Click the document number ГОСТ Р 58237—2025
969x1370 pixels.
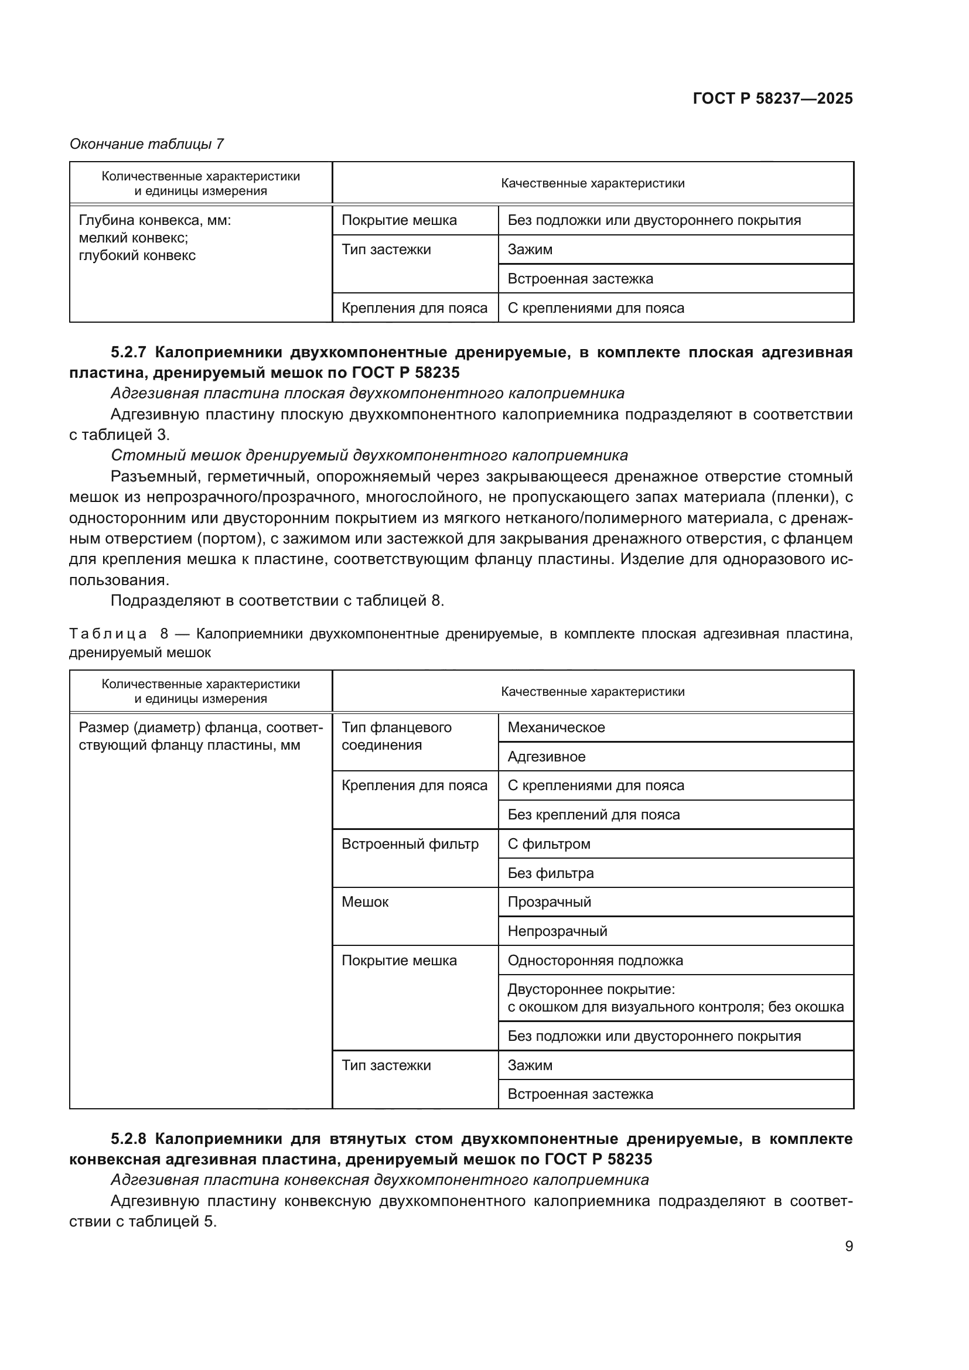click(773, 98)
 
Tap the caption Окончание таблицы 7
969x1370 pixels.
click(147, 144)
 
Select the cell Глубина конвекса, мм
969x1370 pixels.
click(155, 221)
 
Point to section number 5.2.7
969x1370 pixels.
click(128, 352)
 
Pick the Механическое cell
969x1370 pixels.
click(556, 727)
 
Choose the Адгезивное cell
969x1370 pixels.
click(547, 757)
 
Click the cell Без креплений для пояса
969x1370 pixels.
click(593, 815)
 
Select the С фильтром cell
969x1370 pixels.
click(549, 843)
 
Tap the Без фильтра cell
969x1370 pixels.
click(551, 873)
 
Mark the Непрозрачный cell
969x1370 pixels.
click(557, 931)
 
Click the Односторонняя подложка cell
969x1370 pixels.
click(595, 960)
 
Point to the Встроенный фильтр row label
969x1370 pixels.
click(410, 843)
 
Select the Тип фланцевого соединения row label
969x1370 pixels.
click(396, 736)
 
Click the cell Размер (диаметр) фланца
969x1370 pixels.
click(200, 736)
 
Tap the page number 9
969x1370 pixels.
click(848, 1246)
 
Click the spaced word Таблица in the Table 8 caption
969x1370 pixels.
click(108, 634)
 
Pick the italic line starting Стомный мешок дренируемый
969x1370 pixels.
click(369, 455)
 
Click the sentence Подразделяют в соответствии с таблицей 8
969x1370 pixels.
click(278, 600)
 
